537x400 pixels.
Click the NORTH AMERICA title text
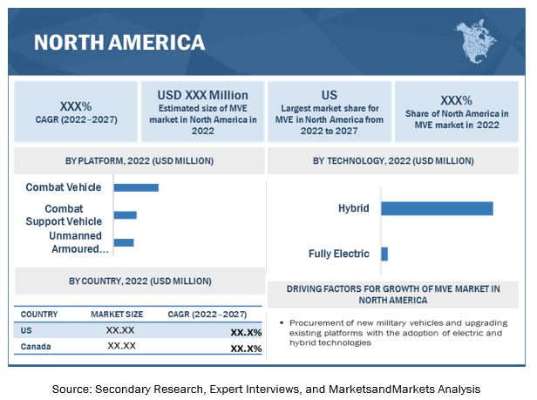119,42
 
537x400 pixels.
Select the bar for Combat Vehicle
136,187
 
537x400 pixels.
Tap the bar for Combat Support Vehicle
125,214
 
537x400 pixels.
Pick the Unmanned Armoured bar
124,242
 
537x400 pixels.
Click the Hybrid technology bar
437,208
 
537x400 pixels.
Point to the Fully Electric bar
384,254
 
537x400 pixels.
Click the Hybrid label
354,208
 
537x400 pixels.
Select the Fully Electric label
339,254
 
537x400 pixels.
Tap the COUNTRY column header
39,314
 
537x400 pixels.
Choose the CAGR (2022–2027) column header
207,314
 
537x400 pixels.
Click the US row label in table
26,330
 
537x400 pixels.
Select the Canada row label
36,347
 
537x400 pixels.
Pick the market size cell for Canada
121,347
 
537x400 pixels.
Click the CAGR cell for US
246,332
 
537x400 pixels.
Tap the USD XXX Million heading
203,95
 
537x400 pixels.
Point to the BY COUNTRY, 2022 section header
139,281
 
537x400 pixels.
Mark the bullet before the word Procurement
282,322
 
